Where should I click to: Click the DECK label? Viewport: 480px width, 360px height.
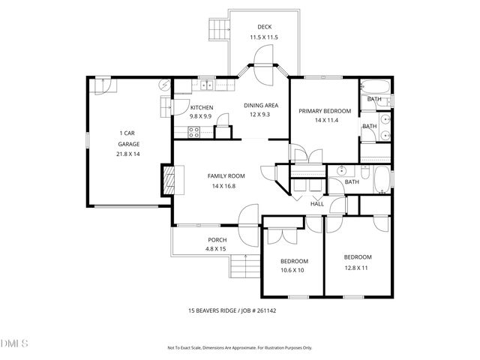[x=264, y=27]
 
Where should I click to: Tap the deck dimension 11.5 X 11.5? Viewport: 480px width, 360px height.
[x=264, y=37]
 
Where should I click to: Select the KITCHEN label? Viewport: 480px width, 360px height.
[x=201, y=107]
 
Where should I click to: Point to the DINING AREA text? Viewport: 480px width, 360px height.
[x=262, y=106]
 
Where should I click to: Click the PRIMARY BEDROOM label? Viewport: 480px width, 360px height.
[x=325, y=111]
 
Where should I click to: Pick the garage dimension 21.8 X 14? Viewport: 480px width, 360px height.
[x=127, y=154]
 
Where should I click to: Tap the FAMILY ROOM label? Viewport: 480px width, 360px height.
[x=226, y=176]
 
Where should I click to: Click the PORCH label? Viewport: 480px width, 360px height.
[x=217, y=240]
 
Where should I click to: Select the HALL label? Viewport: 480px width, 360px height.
[x=316, y=203]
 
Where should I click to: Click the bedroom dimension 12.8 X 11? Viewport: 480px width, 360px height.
[x=357, y=267]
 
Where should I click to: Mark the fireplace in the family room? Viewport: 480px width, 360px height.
[x=167, y=181]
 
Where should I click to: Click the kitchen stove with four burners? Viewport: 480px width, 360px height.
[x=193, y=133]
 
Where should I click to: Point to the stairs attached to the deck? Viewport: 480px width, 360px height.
[x=218, y=29]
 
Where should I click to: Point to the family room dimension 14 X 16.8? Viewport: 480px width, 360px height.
[x=226, y=187]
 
